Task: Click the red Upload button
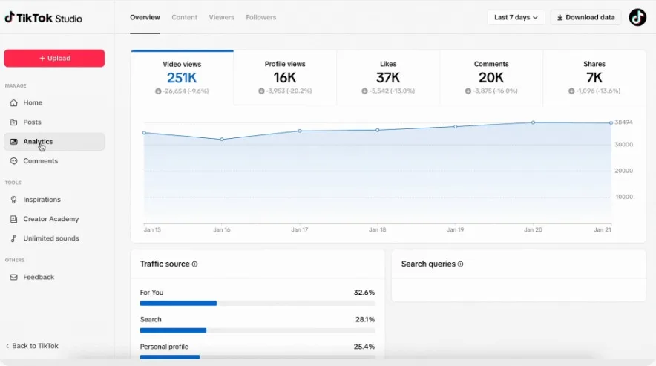tap(54, 59)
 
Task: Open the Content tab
tap(184, 17)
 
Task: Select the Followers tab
tap(261, 17)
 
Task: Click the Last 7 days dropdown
tap(516, 17)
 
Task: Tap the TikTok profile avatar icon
tap(637, 17)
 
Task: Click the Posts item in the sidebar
tap(32, 122)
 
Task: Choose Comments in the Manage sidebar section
tap(40, 161)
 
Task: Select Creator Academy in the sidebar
tap(50, 219)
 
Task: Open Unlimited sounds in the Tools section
tap(50, 238)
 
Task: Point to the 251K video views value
tap(182, 78)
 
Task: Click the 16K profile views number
tap(285, 78)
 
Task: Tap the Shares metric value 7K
tap(594, 78)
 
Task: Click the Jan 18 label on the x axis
tap(378, 230)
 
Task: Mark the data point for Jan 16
tap(222, 140)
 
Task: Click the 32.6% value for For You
tap(364, 293)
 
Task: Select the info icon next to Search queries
tap(461, 264)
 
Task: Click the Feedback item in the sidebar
tap(39, 277)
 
